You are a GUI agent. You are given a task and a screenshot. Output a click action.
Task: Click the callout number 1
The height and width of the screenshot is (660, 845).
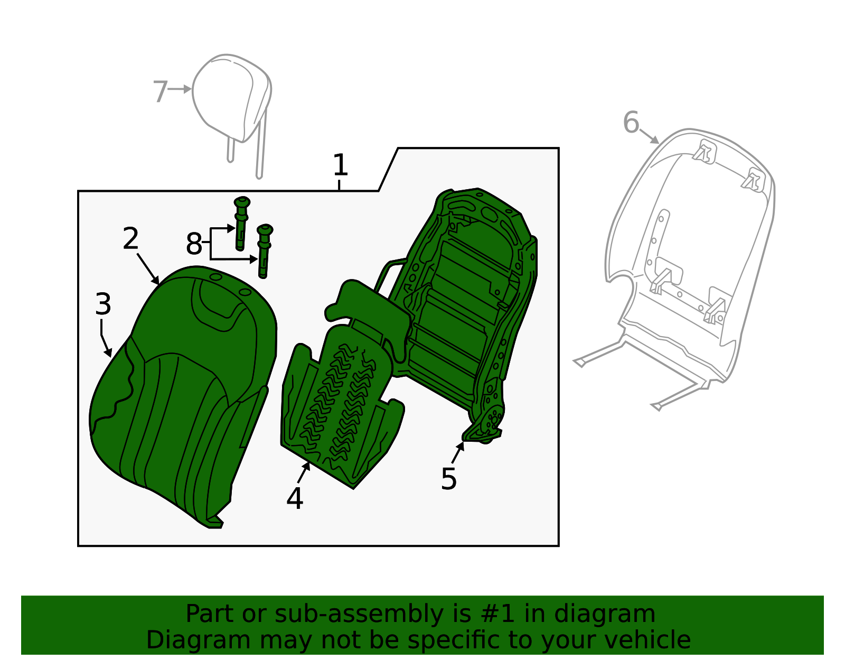[340, 165]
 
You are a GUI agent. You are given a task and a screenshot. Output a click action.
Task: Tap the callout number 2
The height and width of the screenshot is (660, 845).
[130, 239]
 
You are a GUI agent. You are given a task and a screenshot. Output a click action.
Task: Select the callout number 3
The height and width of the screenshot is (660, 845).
[104, 304]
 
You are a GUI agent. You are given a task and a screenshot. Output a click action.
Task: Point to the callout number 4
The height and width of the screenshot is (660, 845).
[295, 499]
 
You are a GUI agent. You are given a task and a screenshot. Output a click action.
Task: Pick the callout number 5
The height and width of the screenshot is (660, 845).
[448, 479]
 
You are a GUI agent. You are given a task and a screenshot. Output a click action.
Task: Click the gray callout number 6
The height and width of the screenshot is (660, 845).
[631, 123]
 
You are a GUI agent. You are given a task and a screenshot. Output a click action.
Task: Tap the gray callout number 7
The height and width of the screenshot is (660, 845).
[160, 92]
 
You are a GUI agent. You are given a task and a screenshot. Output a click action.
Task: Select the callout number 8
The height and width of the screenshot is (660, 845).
[194, 244]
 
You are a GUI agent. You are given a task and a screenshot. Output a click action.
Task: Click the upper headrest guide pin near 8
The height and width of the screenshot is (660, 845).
[241, 222]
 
